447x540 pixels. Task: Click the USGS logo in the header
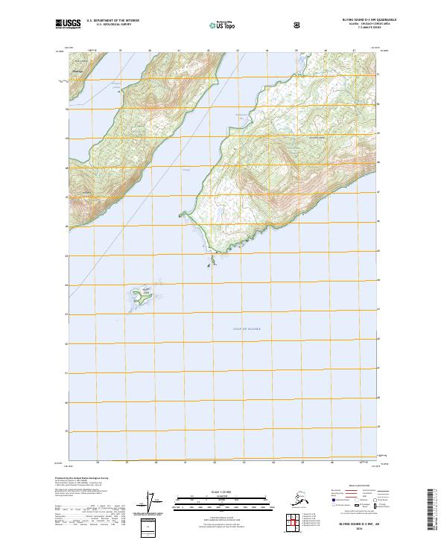69,25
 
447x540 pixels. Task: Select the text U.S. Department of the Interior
112,21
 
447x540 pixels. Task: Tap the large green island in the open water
141,297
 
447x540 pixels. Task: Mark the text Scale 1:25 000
223,492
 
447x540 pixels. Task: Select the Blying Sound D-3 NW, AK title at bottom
356,521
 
